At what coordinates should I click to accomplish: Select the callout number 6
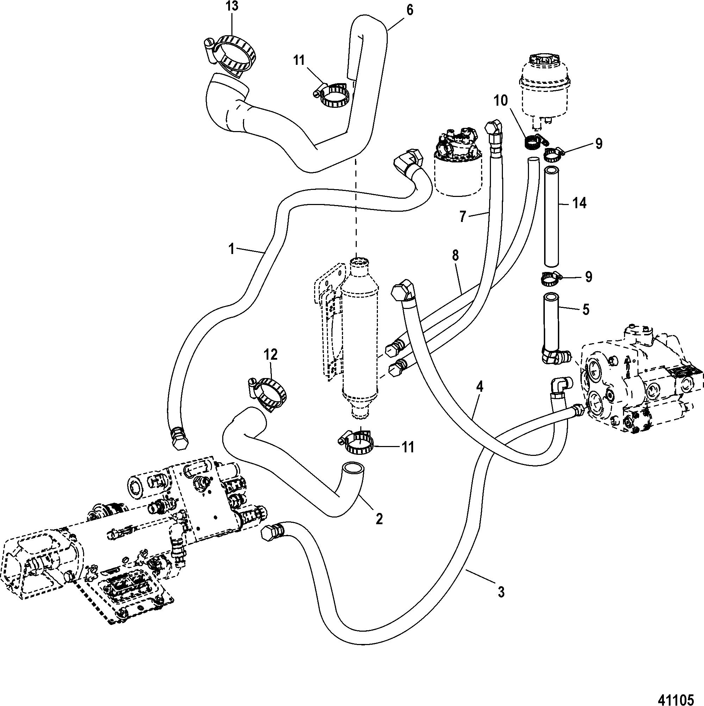point(410,10)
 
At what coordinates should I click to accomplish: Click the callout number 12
point(271,354)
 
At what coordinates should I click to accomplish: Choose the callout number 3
point(501,592)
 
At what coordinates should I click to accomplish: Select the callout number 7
point(462,217)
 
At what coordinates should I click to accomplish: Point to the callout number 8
point(455,255)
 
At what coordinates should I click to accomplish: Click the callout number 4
point(480,386)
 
